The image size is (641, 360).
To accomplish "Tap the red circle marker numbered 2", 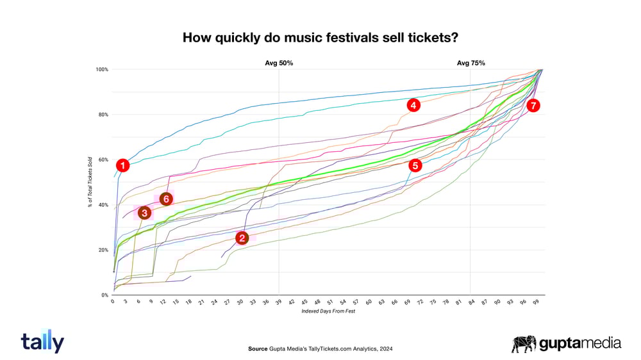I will click(242, 238).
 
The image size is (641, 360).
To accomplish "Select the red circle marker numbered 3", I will click(144, 213).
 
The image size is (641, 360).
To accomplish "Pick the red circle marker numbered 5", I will click(415, 165).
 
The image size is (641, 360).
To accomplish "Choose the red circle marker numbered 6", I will click(165, 199).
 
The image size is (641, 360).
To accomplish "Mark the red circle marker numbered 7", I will click(533, 106).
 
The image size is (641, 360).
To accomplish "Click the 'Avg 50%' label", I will click(279, 63).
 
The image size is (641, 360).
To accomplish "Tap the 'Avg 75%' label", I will click(470, 63).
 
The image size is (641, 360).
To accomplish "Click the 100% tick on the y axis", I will click(103, 69).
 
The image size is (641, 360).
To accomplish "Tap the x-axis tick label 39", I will click(279, 301).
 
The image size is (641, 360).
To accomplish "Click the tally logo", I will click(42, 342).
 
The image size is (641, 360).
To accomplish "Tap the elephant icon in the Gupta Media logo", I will click(523, 344).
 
